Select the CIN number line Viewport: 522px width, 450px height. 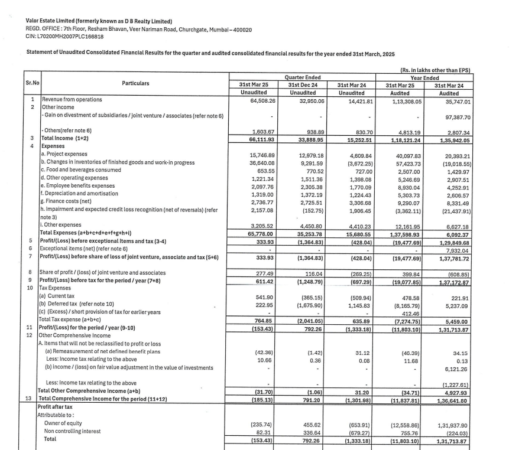[x=65, y=37]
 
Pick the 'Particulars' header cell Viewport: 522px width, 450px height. [x=135, y=84]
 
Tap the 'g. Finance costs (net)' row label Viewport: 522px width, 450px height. [x=72, y=201]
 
